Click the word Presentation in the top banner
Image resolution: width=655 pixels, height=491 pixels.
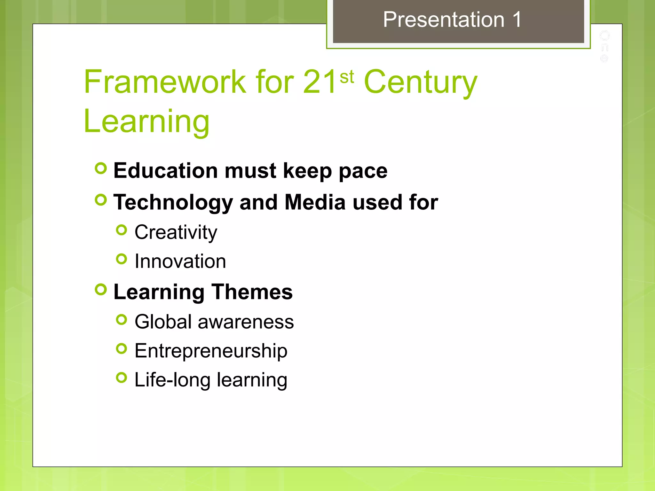click(444, 20)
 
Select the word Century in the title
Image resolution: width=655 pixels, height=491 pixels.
click(421, 82)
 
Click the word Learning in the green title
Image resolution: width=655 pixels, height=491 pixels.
click(146, 121)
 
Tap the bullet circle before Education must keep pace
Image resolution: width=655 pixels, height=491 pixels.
click(101, 168)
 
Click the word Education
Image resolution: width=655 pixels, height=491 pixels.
click(166, 170)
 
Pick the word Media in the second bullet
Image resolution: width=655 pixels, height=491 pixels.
click(315, 202)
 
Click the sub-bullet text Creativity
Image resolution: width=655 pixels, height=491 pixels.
click(176, 232)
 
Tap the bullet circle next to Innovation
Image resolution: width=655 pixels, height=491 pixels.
click(122, 259)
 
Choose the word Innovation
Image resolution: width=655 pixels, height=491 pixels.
click(180, 261)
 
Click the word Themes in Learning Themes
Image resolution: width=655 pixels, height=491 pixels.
click(252, 292)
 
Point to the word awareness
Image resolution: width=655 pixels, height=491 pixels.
click(246, 322)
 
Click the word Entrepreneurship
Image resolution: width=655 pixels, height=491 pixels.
click(211, 351)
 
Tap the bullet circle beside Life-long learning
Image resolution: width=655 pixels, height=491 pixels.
click(122, 378)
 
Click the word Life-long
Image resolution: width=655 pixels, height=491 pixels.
click(172, 380)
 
